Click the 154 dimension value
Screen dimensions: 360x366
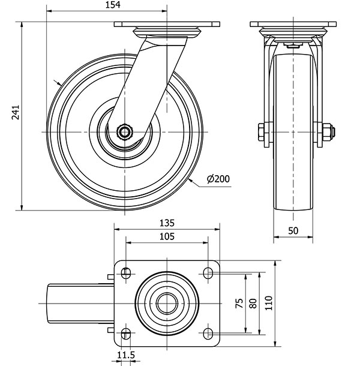point(113,5)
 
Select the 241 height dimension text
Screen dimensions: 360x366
point(16,113)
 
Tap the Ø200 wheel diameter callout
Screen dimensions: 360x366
point(218,179)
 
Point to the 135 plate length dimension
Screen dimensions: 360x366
point(167,223)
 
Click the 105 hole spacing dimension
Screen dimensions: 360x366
point(167,236)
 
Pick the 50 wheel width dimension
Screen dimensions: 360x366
point(293,230)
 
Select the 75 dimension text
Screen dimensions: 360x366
point(239,303)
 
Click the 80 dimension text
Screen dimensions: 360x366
point(253,303)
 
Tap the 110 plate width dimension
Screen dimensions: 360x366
point(269,303)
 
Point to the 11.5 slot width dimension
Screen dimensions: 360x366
point(126,355)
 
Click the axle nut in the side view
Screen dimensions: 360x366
point(125,133)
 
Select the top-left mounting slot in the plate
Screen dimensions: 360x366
point(126,274)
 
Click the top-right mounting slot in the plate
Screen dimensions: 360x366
point(208,274)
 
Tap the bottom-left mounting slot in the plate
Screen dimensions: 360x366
point(126,334)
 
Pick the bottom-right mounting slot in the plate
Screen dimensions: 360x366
point(208,334)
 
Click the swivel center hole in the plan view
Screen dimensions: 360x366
point(167,304)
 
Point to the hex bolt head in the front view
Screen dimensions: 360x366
point(261,133)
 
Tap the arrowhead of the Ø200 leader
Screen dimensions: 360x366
point(190,180)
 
